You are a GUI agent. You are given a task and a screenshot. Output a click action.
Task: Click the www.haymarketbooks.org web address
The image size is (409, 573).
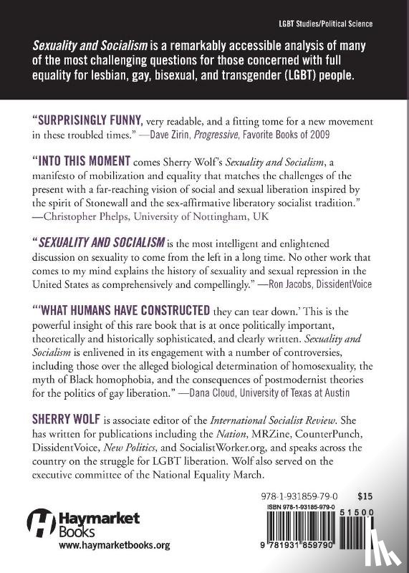coord(114,545)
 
